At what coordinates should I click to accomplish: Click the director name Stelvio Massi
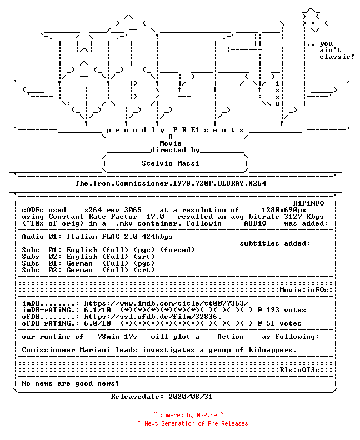(171, 163)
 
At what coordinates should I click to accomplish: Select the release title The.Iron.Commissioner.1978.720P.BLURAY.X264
(171, 183)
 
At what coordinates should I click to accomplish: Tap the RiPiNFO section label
(309, 203)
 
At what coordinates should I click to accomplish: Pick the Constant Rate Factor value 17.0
(155, 217)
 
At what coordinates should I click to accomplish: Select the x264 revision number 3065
(133, 210)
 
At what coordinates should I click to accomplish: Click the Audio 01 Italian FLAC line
(97, 237)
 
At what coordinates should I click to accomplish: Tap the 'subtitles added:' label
(275, 243)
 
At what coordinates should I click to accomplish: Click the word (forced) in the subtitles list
(177, 250)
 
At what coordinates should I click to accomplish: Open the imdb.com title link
(166, 303)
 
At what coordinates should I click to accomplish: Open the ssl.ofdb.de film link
(153, 317)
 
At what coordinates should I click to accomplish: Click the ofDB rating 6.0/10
(97, 323)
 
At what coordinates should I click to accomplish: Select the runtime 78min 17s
(117, 337)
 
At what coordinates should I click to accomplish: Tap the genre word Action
(231, 337)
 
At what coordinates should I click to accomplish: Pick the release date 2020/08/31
(191, 397)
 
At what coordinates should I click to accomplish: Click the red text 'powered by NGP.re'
(188, 415)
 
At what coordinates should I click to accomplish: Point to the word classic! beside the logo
(337, 57)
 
